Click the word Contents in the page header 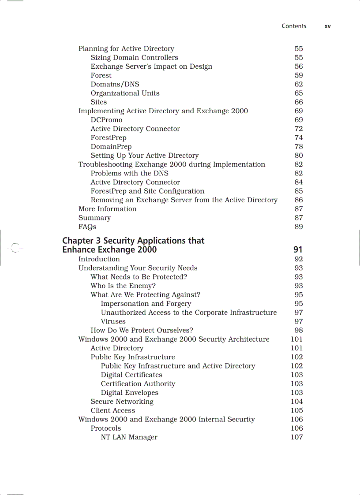point(294,26)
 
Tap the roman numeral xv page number point(327,26)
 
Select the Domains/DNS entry point(115,84)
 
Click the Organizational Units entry point(125,93)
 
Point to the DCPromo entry point(106,120)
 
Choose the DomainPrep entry point(111,146)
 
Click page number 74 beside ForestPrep point(299,138)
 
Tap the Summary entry point(94,218)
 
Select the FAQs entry point(87,227)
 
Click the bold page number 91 point(298,250)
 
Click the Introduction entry point(99,259)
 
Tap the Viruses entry point(113,321)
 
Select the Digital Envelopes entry point(129,393)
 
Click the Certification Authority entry point(138,384)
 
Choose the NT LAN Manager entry point(129,437)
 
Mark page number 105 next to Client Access point(296,410)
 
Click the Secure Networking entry point(122,402)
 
